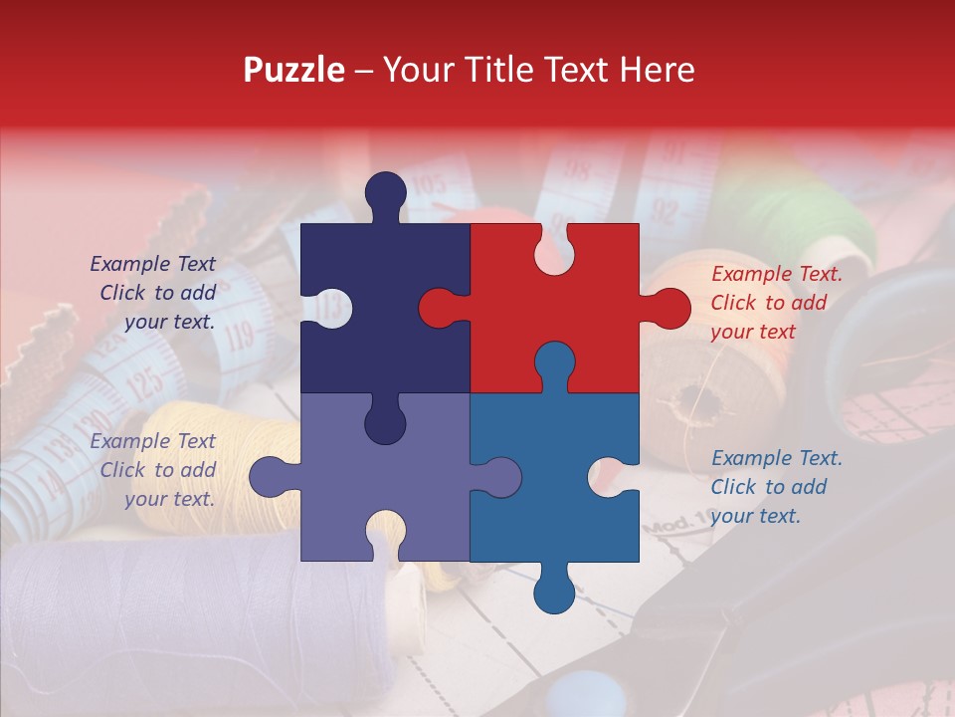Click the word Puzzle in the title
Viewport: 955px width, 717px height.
[294, 70]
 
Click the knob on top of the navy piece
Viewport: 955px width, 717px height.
[385, 191]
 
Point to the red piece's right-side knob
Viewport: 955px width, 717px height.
[670, 308]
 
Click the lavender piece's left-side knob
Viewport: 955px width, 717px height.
[267, 477]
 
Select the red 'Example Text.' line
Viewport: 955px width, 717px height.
[776, 274]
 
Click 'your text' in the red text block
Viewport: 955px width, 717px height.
[753, 332]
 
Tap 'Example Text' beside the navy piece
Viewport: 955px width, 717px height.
[152, 264]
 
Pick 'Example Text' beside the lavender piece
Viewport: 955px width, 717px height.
[152, 441]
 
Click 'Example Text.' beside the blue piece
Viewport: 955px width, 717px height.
[776, 458]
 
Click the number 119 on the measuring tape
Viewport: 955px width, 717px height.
[239, 336]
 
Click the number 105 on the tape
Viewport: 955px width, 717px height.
[428, 184]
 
